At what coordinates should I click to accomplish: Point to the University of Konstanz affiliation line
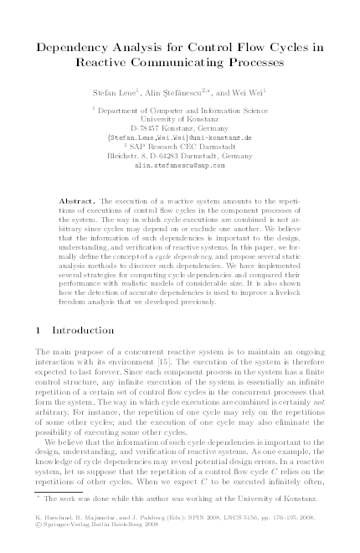(x=180, y=118)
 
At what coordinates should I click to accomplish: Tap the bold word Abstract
(x=79, y=202)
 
